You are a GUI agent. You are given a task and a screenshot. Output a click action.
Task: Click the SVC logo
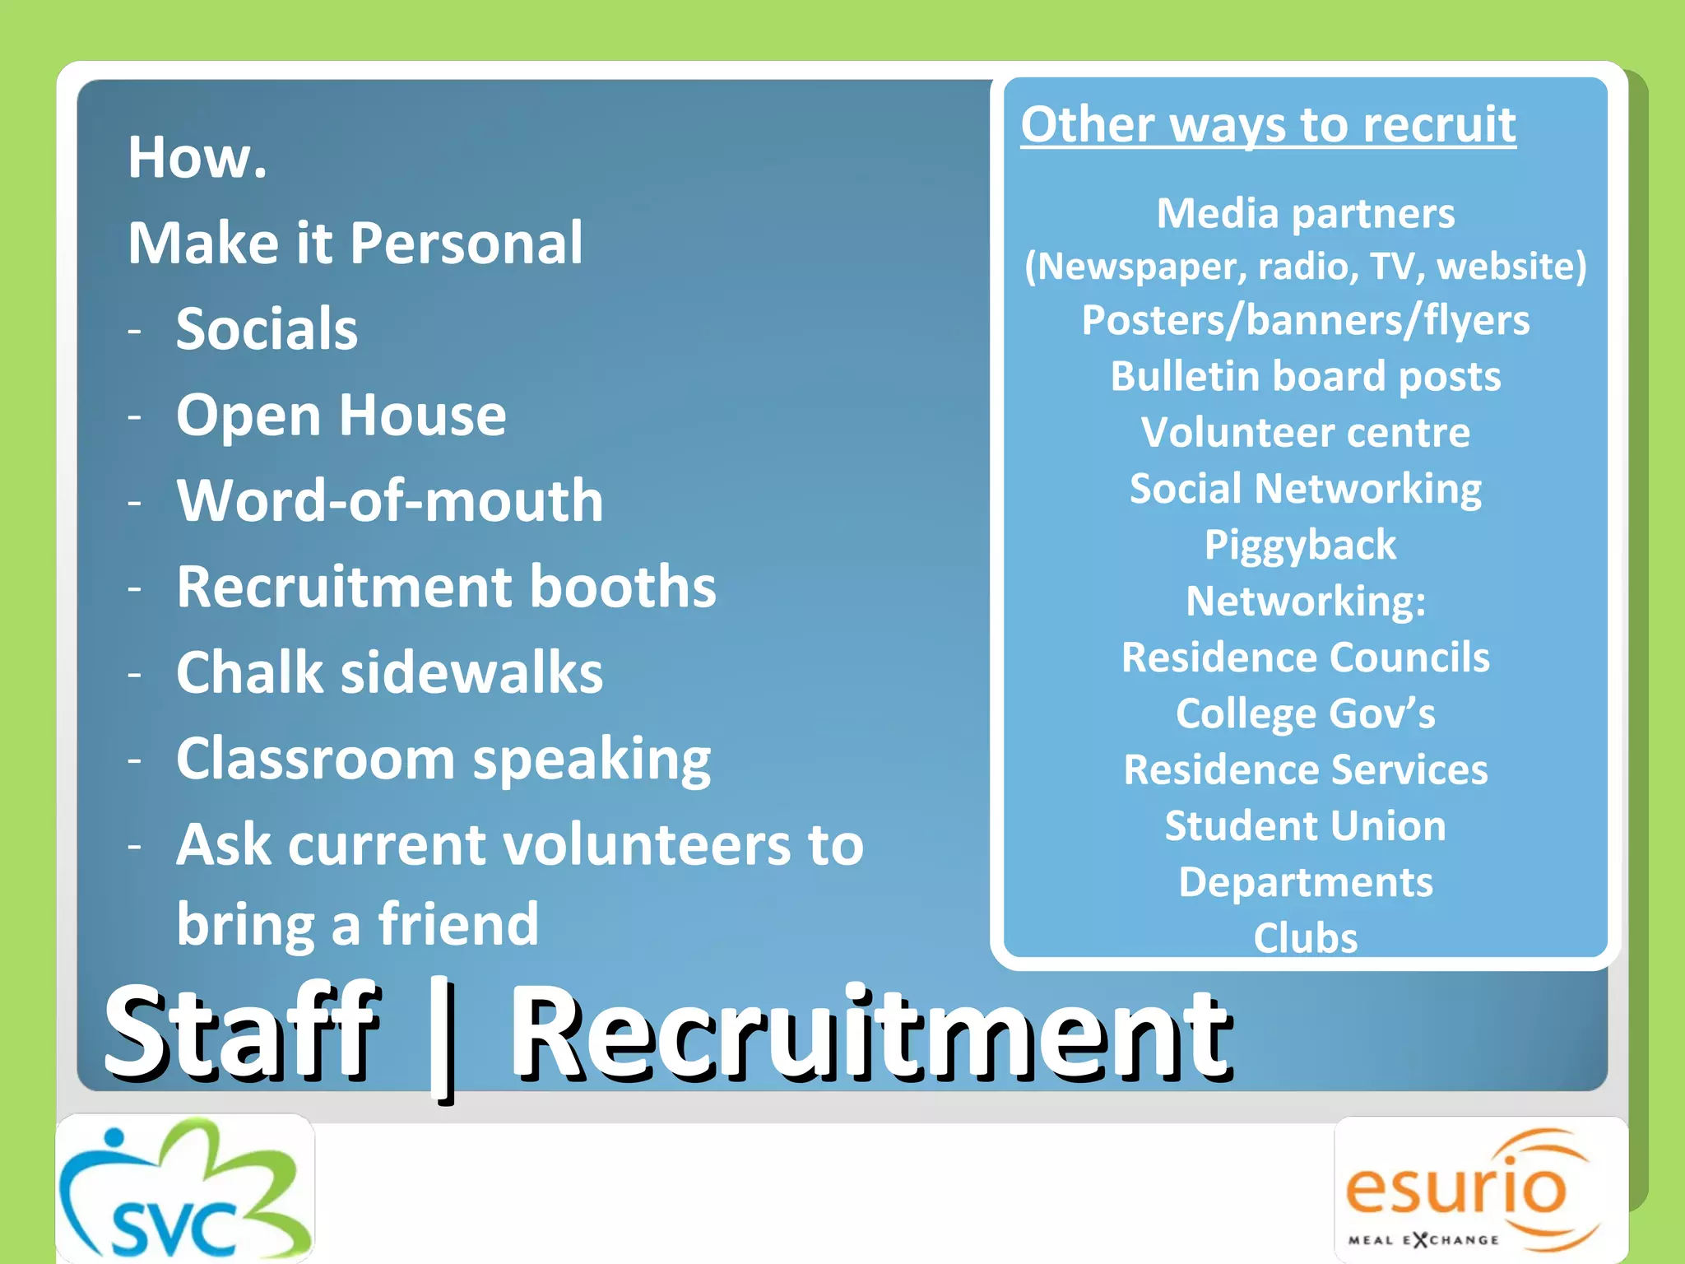pos(185,1189)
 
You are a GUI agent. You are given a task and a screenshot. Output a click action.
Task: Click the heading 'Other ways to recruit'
pos(1268,125)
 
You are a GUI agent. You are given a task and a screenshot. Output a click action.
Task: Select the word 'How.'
pos(197,157)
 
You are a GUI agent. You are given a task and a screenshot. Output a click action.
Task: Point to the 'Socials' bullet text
pos(267,328)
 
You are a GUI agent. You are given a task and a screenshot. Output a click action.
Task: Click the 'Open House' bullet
pos(341,415)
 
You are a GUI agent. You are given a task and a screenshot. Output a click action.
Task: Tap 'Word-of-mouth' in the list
pos(390,500)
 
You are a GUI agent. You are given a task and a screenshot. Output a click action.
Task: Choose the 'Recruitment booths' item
pos(446,587)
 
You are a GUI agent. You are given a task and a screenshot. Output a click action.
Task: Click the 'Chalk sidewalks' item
pos(389,672)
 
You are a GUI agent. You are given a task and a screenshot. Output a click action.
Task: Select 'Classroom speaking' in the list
pos(443,759)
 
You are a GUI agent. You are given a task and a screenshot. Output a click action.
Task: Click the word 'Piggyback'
pos(1300,545)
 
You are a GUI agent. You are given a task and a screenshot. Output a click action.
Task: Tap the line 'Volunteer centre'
pos(1305,432)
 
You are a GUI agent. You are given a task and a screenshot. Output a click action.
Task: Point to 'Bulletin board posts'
pos(1306,376)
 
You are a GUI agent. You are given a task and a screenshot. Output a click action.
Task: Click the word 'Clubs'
pos(1306,937)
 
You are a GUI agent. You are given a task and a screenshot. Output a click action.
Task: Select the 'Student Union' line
pos(1306,825)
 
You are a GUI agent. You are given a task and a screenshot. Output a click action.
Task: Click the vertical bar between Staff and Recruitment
pos(443,1039)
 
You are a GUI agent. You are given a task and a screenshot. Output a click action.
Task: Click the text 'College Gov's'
pos(1306,713)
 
